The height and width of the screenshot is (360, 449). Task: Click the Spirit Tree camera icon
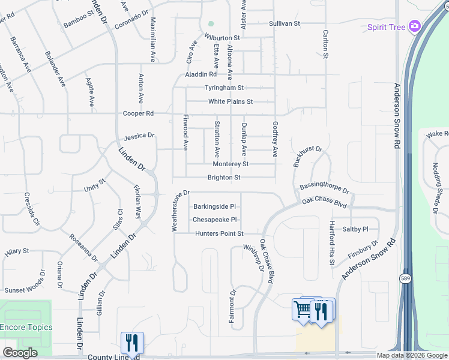click(x=414, y=26)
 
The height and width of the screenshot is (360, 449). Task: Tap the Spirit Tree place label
click(x=387, y=27)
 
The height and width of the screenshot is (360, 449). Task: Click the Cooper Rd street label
click(x=138, y=113)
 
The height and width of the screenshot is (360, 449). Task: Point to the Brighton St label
click(x=224, y=178)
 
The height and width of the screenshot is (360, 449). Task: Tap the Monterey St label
click(x=231, y=164)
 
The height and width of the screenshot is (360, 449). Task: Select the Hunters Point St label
click(x=219, y=233)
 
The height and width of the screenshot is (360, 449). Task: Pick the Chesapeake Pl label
click(x=215, y=220)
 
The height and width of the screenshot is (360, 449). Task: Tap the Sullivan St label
click(x=284, y=23)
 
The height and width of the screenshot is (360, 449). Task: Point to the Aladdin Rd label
click(x=200, y=74)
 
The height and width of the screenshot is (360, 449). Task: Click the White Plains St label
click(x=231, y=102)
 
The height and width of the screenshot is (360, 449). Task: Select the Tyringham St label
click(x=224, y=88)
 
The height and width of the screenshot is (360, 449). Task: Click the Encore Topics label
click(x=26, y=328)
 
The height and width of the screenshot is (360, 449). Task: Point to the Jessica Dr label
click(x=139, y=136)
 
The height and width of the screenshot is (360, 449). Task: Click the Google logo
click(x=20, y=353)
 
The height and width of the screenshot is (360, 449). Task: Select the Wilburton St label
click(x=222, y=37)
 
